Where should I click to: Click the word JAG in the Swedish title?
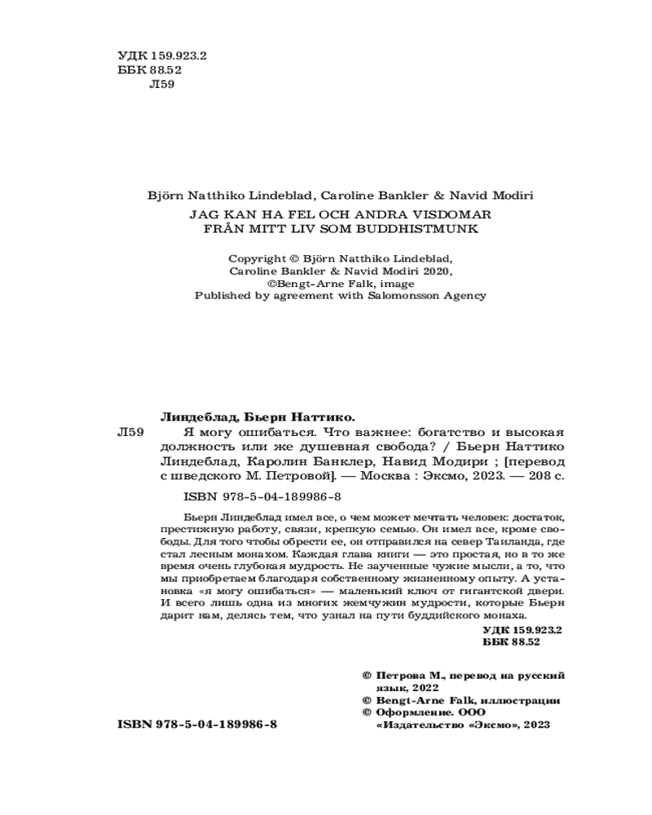[x=203, y=214]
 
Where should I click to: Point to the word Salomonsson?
[x=399, y=296]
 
